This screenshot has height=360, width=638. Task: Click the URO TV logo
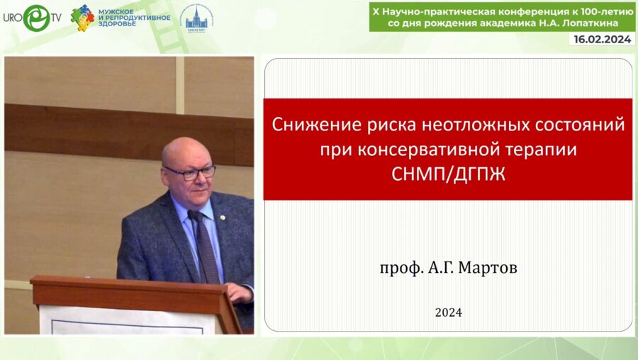click(31, 18)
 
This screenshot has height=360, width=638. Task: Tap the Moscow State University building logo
click(196, 17)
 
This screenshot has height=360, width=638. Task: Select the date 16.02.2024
click(601, 40)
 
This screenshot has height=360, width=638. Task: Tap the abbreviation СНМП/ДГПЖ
click(448, 174)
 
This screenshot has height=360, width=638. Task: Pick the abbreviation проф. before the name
click(397, 269)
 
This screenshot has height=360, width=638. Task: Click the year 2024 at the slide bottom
click(448, 312)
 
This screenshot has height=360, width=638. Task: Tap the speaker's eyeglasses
click(189, 172)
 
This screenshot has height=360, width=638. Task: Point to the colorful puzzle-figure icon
click(83, 17)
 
